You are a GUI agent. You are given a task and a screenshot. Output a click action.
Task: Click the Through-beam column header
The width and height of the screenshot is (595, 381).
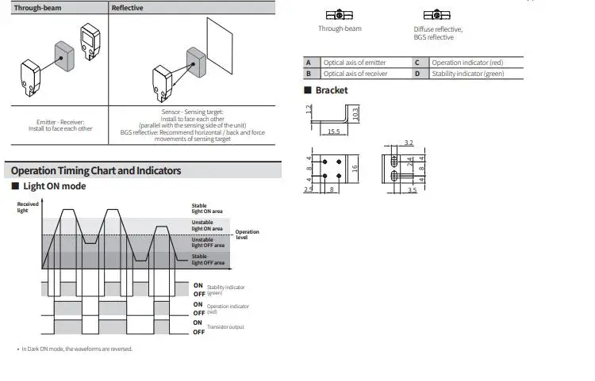[x=37, y=8]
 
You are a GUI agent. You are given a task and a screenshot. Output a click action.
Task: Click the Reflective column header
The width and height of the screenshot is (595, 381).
[x=127, y=8]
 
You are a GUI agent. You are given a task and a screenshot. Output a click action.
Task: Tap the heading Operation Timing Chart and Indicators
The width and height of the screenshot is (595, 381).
[x=96, y=170]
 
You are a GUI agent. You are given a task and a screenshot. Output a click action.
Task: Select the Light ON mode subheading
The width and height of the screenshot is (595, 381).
[x=54, y=186]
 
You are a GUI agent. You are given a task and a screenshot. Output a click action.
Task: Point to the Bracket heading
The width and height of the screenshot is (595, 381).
[x=332, y=90]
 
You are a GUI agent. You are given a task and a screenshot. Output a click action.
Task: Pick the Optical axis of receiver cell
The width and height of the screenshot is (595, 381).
[x=355, y=74]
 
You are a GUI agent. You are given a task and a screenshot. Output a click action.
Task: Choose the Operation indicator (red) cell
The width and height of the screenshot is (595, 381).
[x=467, y=63]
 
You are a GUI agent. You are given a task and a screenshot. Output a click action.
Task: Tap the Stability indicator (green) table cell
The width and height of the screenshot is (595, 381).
[x=468, y=74]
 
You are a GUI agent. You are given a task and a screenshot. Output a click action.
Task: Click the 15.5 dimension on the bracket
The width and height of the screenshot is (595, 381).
[x=333, y=131]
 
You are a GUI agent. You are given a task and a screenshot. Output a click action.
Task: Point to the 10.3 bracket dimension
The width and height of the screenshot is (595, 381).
[x=355, y=114]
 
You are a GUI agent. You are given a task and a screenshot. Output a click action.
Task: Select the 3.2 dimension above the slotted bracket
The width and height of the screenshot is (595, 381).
[x=409, y=143]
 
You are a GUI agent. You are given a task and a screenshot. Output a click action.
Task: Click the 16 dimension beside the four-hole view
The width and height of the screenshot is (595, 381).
[x=355, y=169]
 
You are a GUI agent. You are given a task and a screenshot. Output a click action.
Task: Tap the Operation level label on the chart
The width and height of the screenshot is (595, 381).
[x=247, y=234]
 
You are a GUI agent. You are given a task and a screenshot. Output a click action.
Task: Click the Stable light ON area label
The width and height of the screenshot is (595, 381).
[x=207, y=208]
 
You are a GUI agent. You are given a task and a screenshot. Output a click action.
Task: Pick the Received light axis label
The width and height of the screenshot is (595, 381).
[x=28, y=208]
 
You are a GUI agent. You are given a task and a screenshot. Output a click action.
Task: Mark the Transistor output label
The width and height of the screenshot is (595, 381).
[x=225, y=327]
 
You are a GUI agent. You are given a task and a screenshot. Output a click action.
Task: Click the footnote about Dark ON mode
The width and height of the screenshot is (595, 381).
[x=77, y=349]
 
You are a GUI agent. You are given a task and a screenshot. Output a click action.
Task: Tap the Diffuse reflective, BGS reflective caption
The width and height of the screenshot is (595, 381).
[x=438, y=33]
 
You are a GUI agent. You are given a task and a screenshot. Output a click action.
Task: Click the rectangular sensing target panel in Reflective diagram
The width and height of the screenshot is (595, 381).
[x=220, y=46]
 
